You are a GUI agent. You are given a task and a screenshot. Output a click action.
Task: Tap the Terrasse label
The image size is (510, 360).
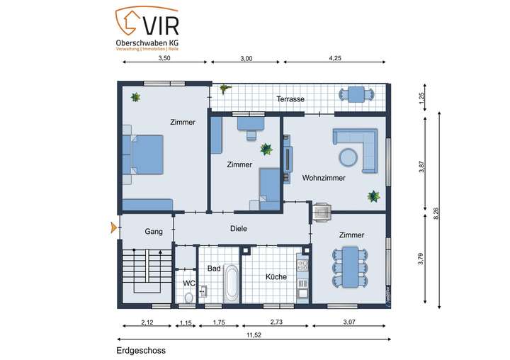pyautogui.click(x=290, y=99)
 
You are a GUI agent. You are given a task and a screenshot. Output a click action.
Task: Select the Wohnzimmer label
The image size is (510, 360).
pyautogui.click(x=324, y=178)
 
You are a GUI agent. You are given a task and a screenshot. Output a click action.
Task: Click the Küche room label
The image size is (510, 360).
pyautogui.click(x=276, y=276)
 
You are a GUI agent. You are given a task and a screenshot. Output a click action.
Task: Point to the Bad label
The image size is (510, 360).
pyautogui.click(x=214, y=269)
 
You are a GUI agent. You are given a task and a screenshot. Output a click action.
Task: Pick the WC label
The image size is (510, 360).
pyautogui.click(x=188, y=283)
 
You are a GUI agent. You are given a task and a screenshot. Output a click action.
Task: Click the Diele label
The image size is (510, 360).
pyautogui.click(x=239, y=229)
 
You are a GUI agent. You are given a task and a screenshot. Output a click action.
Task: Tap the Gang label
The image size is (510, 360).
pyautogui.click(x=154, y=232)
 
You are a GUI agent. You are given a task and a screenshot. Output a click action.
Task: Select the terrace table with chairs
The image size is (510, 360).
pyautogui.click(x=356, y=94)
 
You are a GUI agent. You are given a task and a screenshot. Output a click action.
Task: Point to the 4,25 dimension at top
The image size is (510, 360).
pyautogui.click(x=336, y=59)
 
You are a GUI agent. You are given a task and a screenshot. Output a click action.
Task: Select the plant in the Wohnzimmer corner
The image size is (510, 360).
pyautogui.click(x=373, y=196)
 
